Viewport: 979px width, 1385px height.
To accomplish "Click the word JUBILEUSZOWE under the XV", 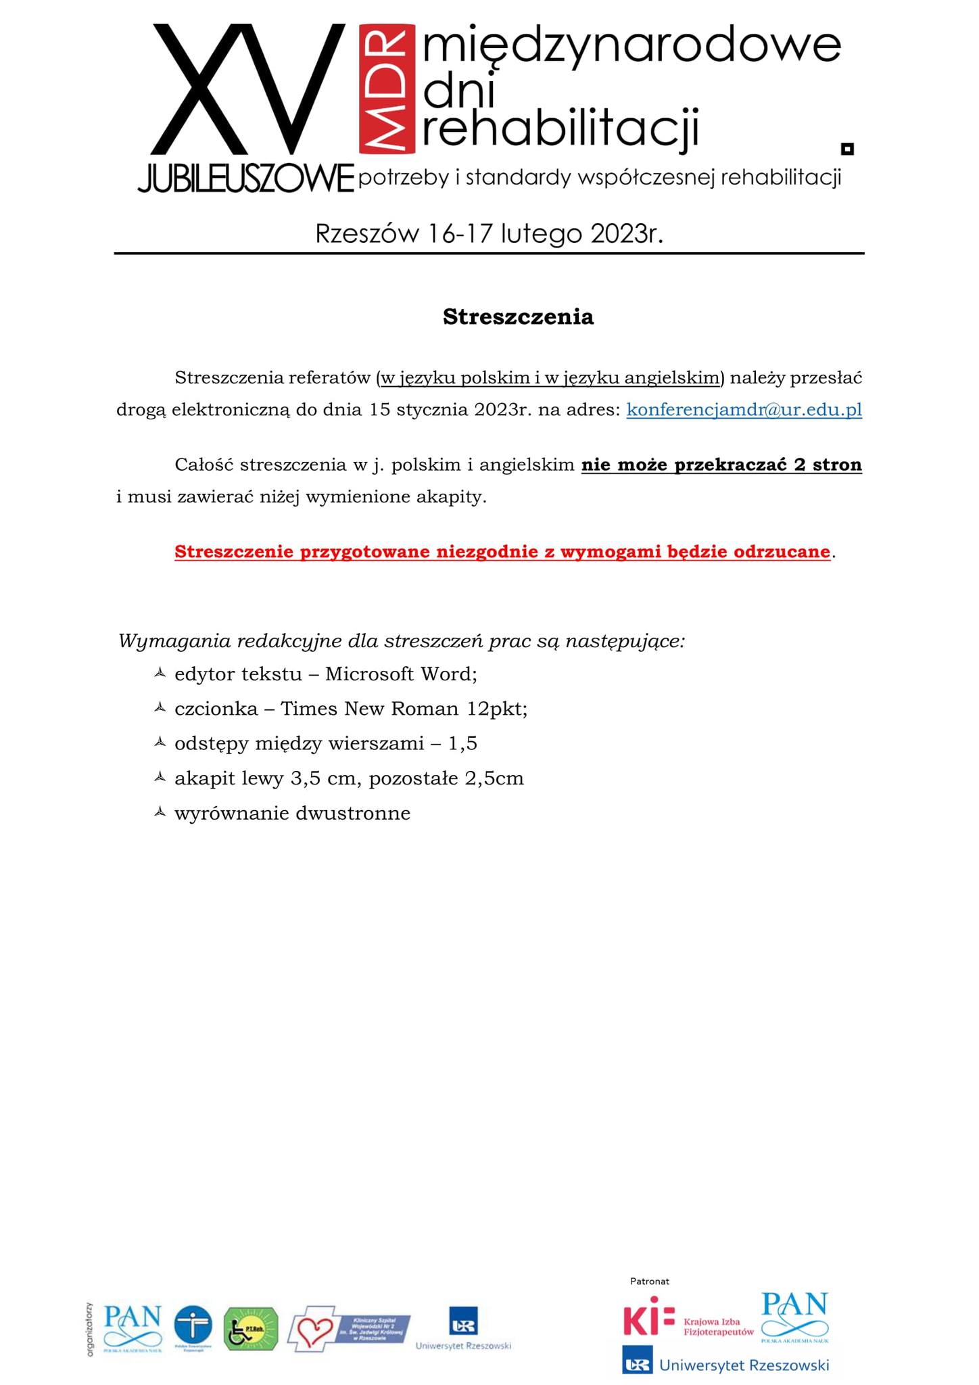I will pos(245,179).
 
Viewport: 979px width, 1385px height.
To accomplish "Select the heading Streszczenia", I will pos(518,317).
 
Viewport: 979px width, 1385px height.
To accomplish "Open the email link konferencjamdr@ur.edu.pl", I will pos(744,410).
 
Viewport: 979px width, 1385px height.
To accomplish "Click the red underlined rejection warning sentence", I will pos(502,552).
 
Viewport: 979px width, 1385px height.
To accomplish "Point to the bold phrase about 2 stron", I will pos(721,465).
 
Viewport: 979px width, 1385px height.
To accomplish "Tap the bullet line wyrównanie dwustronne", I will pos(292,813).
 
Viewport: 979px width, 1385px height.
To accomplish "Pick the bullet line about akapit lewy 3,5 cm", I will pos(349,778).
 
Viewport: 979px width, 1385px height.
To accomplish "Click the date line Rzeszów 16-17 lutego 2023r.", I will pos(489,234).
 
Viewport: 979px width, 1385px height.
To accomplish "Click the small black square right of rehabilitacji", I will pos(846,148).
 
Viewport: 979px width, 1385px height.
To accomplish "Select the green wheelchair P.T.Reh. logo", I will pos(251,1328).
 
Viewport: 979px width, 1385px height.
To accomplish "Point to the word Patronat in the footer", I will pos(649,1281).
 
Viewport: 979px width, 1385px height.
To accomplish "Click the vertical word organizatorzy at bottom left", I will pos(89,1328).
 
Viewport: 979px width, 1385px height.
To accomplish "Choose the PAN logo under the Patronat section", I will pos(794,1316).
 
